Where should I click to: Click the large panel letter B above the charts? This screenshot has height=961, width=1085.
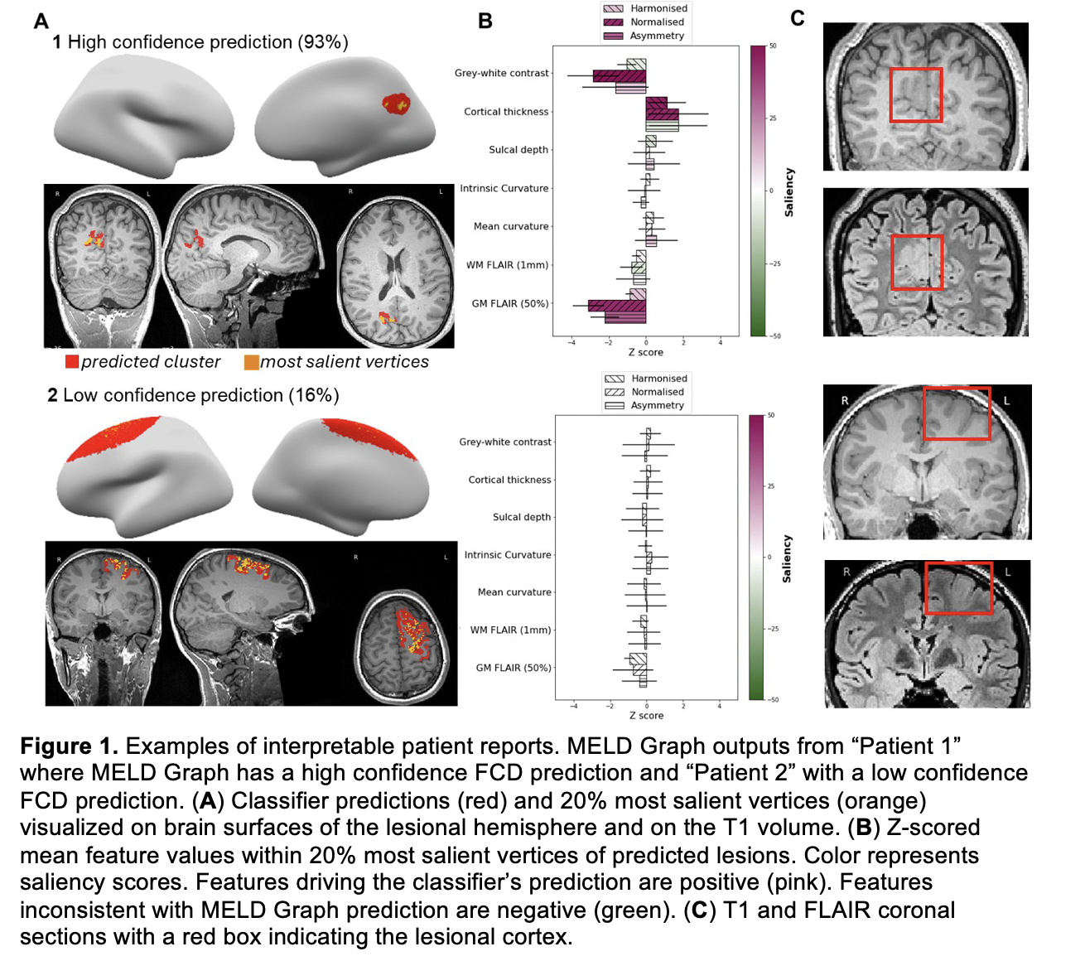coord(485,22)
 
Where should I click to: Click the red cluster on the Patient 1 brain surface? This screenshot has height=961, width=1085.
coord(396,104)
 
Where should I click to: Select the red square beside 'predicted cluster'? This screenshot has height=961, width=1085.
coord(72,362)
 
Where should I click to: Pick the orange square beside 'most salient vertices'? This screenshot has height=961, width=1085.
coord(251,362)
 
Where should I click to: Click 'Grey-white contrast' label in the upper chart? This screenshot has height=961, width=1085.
coord(501,73)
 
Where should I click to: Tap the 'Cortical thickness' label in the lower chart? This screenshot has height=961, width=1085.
coord(509,480)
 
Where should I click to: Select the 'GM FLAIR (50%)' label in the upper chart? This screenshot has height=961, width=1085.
coord(509,303)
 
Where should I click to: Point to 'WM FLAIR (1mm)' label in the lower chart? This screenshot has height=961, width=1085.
coord(510,630)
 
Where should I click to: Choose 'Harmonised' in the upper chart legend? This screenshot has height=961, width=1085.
coord(658,8)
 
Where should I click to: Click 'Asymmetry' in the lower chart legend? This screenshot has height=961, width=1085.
coord(658,405)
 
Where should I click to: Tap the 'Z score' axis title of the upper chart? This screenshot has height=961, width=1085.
coord(645,352)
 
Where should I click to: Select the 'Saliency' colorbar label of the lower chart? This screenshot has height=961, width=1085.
coord(787,558)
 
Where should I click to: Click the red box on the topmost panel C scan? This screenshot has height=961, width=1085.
coord(916,95)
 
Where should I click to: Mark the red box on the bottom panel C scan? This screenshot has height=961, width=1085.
coord(957,588)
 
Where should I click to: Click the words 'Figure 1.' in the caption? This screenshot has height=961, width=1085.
coord(69,746)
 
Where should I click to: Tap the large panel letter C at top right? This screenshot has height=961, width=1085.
coord(798,18)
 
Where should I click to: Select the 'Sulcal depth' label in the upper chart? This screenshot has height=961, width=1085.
coord(518,150)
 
